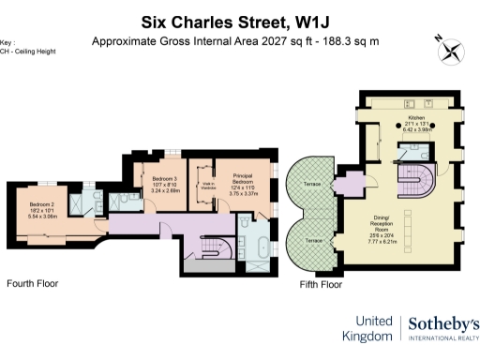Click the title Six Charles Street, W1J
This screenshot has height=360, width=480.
(240, 21)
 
